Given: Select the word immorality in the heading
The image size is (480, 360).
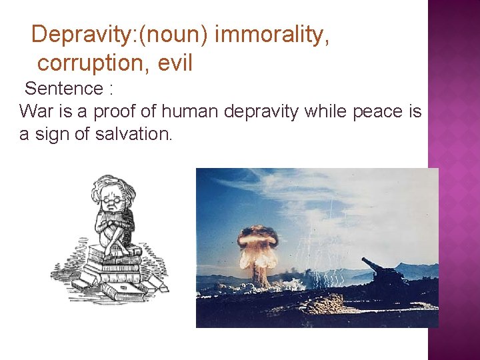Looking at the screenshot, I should pyautogui.click(x=272, y=34).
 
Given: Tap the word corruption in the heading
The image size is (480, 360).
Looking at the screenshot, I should pyautogui.click(x=92, y=63).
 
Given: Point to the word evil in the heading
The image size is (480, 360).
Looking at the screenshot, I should pyautogui.click(x=175, y=63).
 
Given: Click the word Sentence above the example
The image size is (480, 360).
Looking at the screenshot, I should pyautogui.click(x=64, y=89).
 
